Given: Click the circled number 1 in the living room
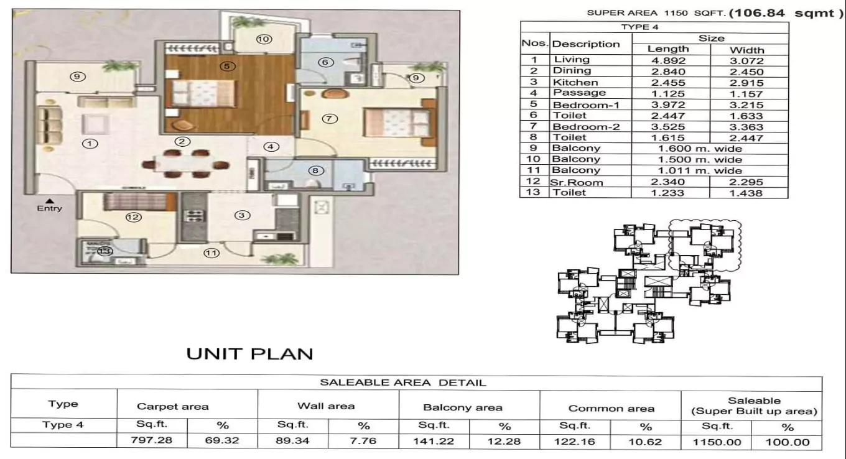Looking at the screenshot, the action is click(x=91, y=144).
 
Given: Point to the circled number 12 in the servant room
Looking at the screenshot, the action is click(x=133, y=217).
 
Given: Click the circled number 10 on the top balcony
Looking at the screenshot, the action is click(x=263, y=39).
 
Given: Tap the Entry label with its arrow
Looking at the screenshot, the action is click(x=50, y=205).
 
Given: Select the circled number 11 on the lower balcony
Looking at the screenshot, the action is click(x=212, y=253).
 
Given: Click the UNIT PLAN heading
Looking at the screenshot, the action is click(x=250, y=355).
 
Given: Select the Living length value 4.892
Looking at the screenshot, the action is click(x=667, y=61).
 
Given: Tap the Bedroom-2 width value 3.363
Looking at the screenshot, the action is click(x=746, y=127).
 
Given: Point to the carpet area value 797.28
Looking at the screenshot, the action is click(x=152, y=442).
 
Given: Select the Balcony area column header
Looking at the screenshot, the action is click(x=462, y=408).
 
